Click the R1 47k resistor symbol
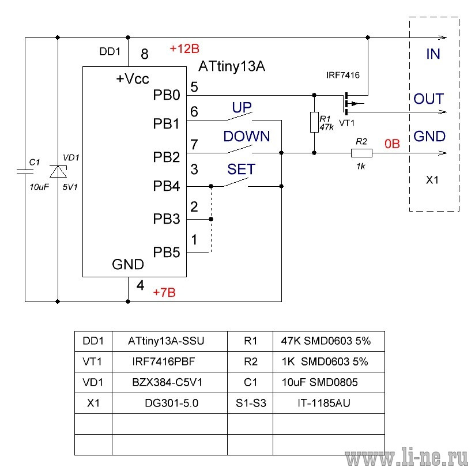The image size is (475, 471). pos(314,122)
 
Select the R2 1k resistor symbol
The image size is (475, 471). pos(361,153)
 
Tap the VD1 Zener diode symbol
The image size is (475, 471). pos(58,171)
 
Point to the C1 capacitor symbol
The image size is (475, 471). pos(25,172)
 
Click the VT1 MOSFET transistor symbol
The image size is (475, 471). pos(352,104)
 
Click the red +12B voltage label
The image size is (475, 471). pos(184,48)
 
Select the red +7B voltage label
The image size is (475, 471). pos(164,293)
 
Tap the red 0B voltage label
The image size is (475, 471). pos(393,144)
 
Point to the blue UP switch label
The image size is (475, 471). pos(242,107)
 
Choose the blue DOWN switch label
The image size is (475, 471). pos(247,136)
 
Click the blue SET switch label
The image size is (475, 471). pos(241,169)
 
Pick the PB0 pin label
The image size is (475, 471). pos(167,95)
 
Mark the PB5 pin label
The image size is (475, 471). pos(167,252)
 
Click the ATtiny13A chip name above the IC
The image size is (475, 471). pos(232,66)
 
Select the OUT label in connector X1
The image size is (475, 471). pos(429,99)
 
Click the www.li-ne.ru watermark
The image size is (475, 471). pos(407,457)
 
